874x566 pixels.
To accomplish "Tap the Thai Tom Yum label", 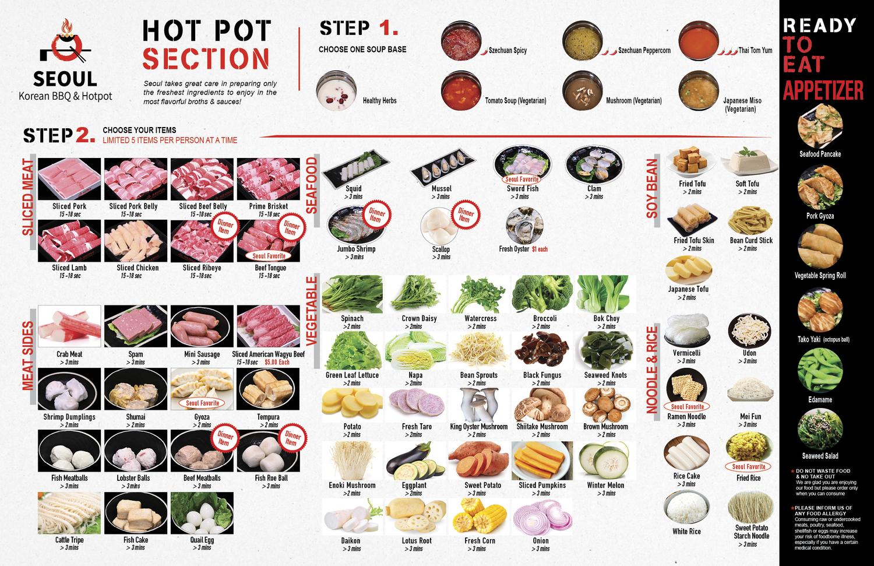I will coord(755,51).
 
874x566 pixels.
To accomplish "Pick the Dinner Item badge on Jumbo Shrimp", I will coord(375,216).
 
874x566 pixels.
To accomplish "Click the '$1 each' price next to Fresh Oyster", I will coord(540,249).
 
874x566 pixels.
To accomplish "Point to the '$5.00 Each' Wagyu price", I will coord(276,362).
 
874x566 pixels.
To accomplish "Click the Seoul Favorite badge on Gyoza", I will coord(202,403).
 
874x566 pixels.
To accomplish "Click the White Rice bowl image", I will coord(686,508).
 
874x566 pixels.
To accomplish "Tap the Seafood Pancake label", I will coord(820,154).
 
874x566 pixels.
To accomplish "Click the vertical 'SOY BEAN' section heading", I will coord(652,188).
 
